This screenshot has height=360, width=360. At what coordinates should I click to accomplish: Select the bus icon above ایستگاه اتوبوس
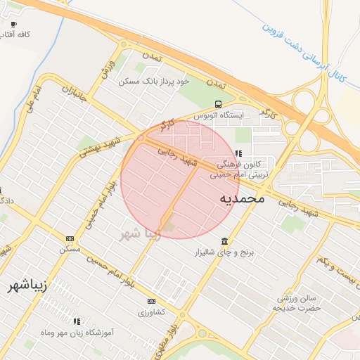pyautogui.click(x=218, y=103)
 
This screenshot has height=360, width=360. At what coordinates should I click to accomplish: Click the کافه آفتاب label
pyautogui.click(x=14, y=34)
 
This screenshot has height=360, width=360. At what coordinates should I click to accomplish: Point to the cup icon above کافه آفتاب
pyautogui.click(x=13, y=24)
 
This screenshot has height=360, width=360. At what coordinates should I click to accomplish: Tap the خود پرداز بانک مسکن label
pyautogui.click(x=155, y=82)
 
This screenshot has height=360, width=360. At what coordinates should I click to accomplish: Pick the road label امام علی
pyautogui.click(x=39, y=98)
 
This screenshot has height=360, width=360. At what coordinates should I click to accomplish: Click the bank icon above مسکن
pyautogui.click(x=70, y=238)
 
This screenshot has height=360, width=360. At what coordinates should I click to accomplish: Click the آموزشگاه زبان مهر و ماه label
pyautogui.click(x=77, y=331)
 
